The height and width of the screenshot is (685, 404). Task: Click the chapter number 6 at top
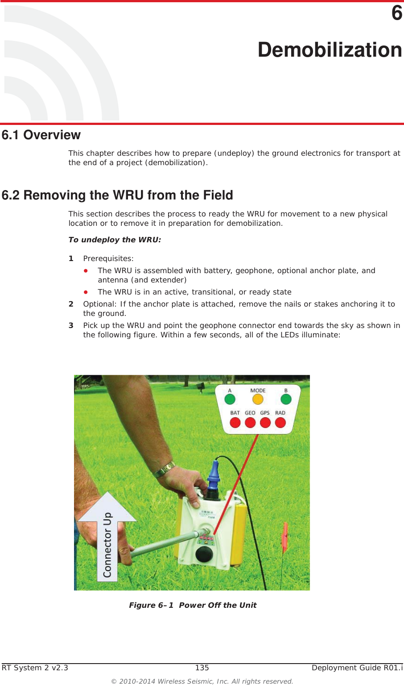click(x=396, y=13)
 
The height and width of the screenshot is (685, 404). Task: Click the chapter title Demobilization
click(x=330, y=50)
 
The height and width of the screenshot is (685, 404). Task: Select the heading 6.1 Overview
click(x=41, y=135)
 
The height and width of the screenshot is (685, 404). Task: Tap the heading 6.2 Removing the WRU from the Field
click(x=117, y=195)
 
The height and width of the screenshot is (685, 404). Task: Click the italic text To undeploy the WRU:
click(x=115, y=240)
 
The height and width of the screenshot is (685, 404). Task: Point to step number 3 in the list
click(x=71, y=325)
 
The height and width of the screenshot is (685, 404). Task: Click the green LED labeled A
click(x=230, y=399)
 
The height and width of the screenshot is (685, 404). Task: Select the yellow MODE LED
click(x=258, y=399)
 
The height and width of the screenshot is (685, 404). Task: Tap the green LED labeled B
click(x=286, y=399)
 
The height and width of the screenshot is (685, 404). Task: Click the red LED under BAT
click(x=235, y=422)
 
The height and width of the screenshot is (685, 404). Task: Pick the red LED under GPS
click(x=265, y=422)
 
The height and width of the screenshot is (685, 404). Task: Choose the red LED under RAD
click(x=280, y=422)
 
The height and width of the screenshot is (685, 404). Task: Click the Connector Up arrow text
click(x=107, y=544)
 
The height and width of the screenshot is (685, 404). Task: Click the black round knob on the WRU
click(x=204, y=554)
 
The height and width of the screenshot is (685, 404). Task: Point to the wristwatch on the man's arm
click(x=164, y=469)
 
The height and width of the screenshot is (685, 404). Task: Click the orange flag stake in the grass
click(x=284, y=538)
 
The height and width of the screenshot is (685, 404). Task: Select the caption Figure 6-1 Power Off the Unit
click(x=193, y=605)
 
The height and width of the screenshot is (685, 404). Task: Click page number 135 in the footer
click(x=202, y=668)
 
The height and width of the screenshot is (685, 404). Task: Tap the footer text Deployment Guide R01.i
click(x=357, y=668)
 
